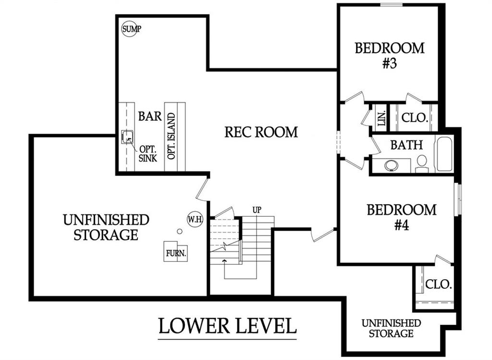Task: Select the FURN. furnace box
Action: coord(176,252)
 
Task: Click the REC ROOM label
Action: coord(261,132)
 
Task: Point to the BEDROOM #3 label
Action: coord(390,55)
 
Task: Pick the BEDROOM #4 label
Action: coord(402,217)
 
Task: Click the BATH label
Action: coord(406,145)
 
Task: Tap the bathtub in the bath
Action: coord(444,154)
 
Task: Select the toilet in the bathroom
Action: coord(422,163)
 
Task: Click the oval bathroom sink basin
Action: coord(392,165)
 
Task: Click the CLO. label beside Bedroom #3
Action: coord(414,118)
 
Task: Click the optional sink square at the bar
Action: coord(128,137)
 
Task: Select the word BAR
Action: coord(150,116)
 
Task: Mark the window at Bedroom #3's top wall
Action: coord(391,5)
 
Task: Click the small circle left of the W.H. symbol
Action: coord(180,231)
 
